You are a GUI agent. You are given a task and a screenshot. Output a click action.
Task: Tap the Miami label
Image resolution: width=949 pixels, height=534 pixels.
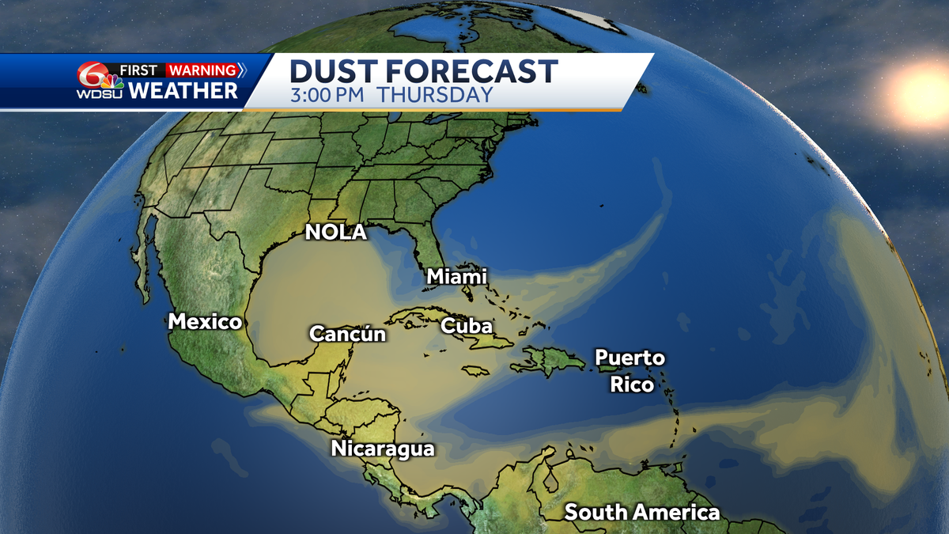pos(457,277)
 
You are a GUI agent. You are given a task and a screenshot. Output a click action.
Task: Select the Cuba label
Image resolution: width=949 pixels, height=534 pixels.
pos(467,326)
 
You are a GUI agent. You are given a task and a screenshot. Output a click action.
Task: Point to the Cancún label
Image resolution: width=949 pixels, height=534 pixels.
pos(348,334)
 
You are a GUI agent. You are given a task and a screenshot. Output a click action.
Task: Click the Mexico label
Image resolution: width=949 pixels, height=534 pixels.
pos(205,322)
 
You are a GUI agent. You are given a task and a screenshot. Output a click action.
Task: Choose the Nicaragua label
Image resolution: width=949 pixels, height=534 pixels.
pos(383,449)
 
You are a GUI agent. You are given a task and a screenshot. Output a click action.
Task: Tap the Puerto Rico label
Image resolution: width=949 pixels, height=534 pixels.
pos(630,371)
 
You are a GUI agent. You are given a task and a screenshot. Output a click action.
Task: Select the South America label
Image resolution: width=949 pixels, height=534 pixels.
pos(642,513)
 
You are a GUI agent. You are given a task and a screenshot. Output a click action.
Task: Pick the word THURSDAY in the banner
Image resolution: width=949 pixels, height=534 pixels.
pos(434,95)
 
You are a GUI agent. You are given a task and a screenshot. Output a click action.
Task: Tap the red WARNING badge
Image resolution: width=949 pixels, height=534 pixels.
pos(202,70)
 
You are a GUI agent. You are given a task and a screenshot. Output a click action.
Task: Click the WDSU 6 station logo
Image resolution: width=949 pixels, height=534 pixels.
pos(96,80)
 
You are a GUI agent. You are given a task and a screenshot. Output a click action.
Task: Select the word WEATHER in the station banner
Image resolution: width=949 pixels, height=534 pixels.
pos(183,91)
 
